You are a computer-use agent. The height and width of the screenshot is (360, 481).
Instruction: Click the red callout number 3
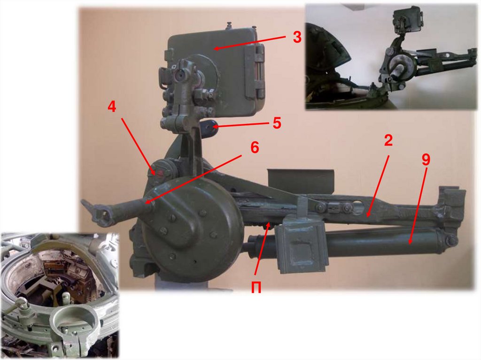click(x=297, y=37)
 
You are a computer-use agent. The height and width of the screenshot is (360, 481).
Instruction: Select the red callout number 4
click(x=112, y=107)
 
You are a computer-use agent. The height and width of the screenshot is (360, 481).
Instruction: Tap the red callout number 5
click(x=277, y=123)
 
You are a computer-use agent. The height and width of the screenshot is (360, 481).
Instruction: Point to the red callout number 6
click(x=255, y=147)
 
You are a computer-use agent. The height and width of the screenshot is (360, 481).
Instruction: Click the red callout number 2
click(x=388, y=140)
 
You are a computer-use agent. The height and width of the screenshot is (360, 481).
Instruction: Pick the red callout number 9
click(x=426, y=160)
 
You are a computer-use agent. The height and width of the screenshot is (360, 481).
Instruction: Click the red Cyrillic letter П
click(x=256, y=288)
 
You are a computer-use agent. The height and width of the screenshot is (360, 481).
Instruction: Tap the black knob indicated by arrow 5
click(x=209, y=126)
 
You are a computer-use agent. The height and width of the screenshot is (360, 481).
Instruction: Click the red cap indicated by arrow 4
click(x=160, y=174)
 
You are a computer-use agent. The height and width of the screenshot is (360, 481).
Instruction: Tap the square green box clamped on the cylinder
click(x=302, y=246)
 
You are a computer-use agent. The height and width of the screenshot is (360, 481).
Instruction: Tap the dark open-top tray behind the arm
click(x=300, y=181)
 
